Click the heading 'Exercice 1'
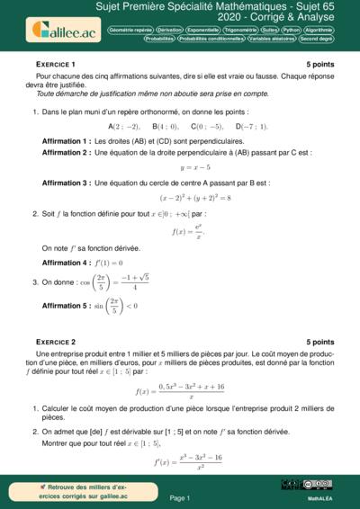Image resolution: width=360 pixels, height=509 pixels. tap(56, 66)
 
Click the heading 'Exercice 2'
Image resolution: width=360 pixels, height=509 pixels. tap(56, 343)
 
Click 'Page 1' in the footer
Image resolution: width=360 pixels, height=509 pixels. tap(179, 496)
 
